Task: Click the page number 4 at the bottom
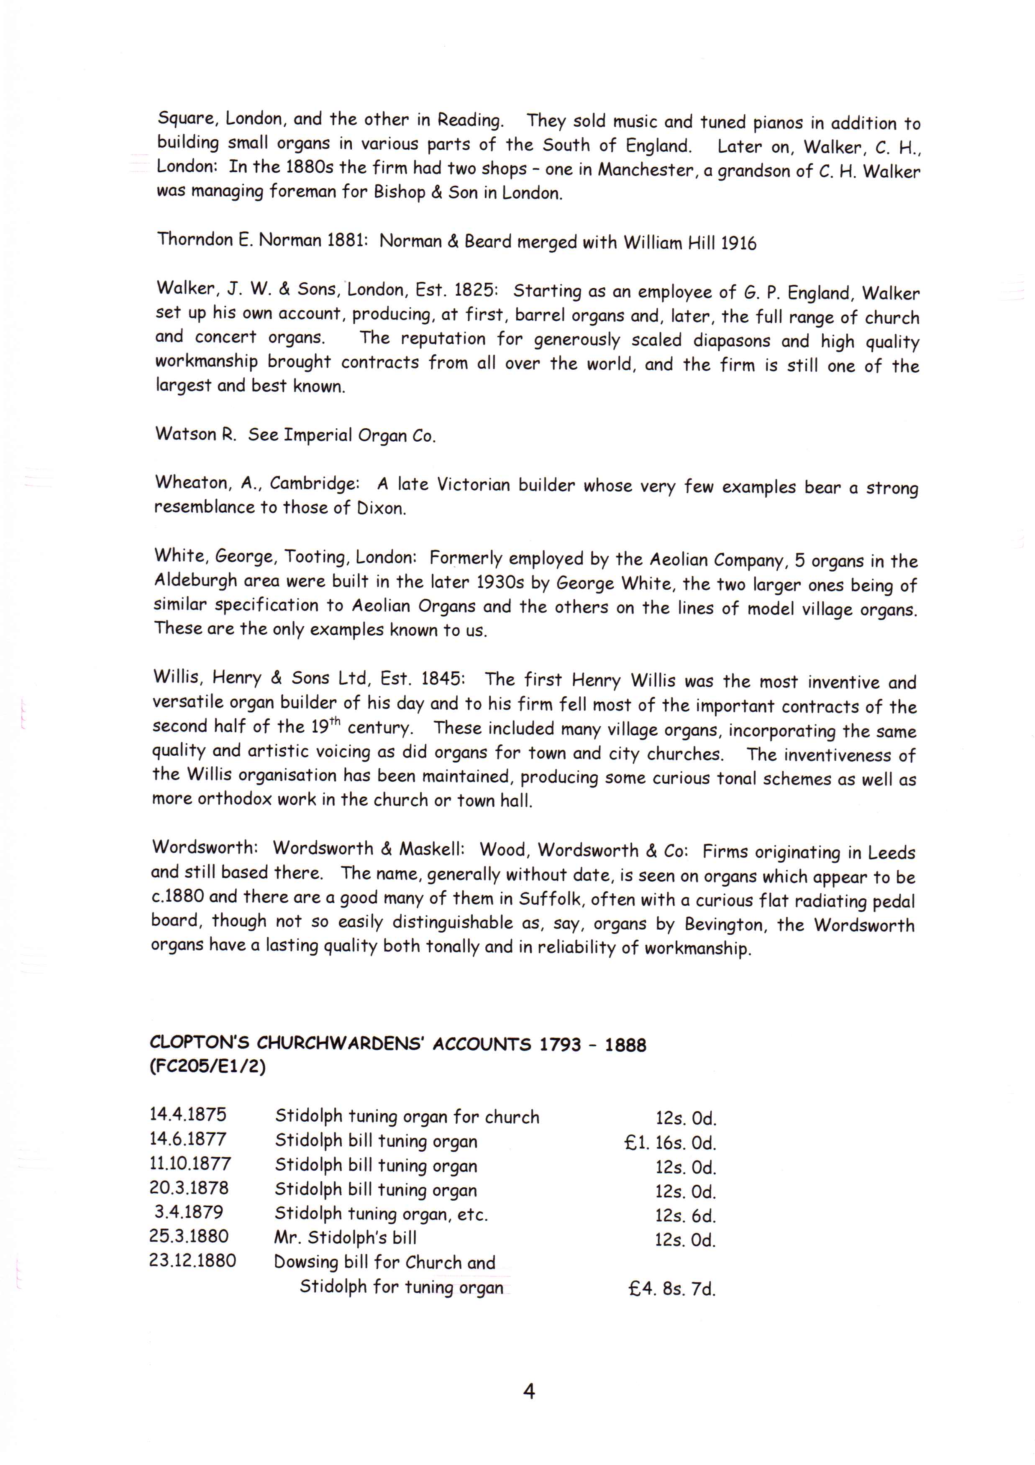[528, 1391]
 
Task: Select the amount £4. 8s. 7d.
[672, 1289]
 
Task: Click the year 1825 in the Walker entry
[474, 290]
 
